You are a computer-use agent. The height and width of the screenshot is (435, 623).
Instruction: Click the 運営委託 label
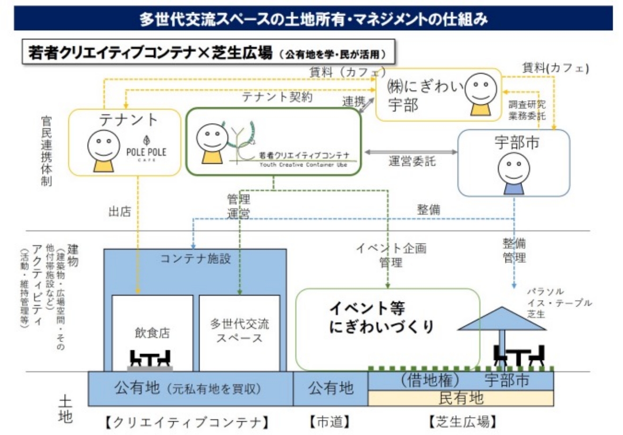pos(412,161)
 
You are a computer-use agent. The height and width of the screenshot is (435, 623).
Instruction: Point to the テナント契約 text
pos(277,97)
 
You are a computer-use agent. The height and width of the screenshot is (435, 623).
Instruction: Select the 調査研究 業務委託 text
pos(527,110)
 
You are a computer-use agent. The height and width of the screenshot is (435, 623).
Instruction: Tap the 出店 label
pos(119,212)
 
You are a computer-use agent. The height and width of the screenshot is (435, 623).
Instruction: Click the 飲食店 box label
pos(152,333)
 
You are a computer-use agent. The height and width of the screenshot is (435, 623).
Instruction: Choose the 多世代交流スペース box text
pos(239,331)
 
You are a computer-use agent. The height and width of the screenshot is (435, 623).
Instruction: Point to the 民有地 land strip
pos(461,398)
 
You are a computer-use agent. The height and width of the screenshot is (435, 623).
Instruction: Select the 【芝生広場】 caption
pos(462,421)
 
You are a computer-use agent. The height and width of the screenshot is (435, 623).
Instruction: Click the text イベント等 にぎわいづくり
pos(380,318)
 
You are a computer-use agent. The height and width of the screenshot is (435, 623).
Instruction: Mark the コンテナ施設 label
pos(195,258)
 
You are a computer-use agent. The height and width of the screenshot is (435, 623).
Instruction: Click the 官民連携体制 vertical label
pos(46,151)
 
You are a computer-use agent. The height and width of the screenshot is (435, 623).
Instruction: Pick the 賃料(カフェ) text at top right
pos(555,67)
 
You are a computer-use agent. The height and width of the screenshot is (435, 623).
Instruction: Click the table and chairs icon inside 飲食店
pos(150,360)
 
